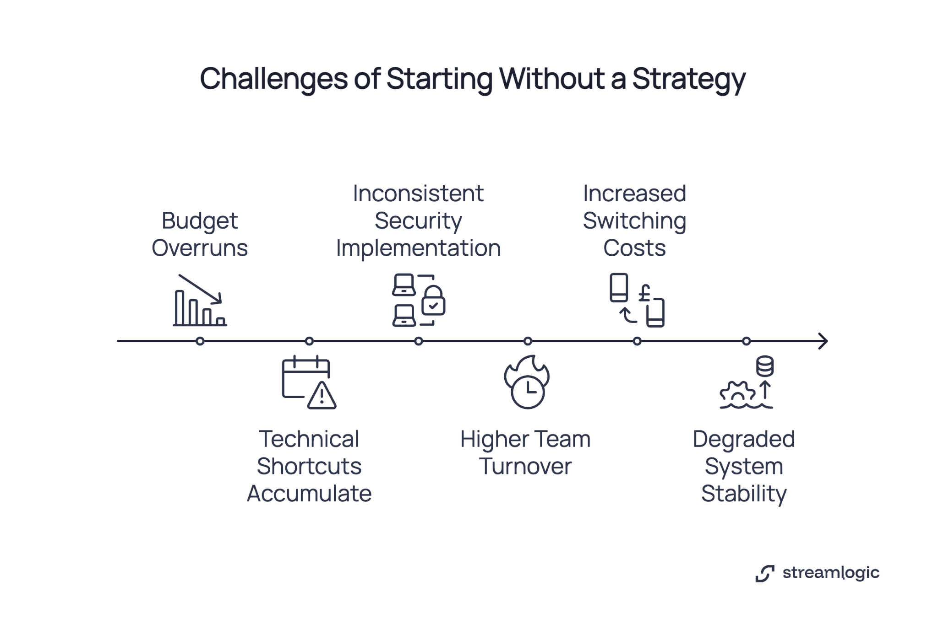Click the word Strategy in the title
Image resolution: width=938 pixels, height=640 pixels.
(x=689, y=80)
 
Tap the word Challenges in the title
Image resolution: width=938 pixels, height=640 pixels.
(x=273, y=79)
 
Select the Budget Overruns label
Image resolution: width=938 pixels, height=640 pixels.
(x=200, y=234)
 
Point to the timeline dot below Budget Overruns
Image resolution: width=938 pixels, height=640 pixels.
(x=200, y=341)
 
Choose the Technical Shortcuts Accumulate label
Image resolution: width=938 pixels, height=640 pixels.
(x=309, y=466)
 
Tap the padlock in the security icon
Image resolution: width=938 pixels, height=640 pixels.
(x=433, y=301)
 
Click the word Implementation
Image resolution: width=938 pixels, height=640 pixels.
(x=418, y=248)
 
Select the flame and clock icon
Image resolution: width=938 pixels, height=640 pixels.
(x=527, y=382)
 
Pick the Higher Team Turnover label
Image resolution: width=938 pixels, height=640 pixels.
(x=525, y=452)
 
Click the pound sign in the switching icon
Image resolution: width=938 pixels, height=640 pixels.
(x=645, y=293)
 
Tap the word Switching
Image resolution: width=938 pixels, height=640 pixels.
(x=634, y=221)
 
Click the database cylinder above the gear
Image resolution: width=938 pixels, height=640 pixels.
(x=765, y=366)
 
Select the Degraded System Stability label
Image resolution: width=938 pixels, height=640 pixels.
(x=744, y=466)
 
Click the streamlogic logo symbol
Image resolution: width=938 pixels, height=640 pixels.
(x=765, y=573)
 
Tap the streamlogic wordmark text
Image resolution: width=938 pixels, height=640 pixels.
(x=831, y=573)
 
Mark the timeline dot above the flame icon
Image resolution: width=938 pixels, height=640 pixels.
(x=528, y=341)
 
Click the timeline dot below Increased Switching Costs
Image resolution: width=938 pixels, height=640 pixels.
(x=637, y=341)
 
